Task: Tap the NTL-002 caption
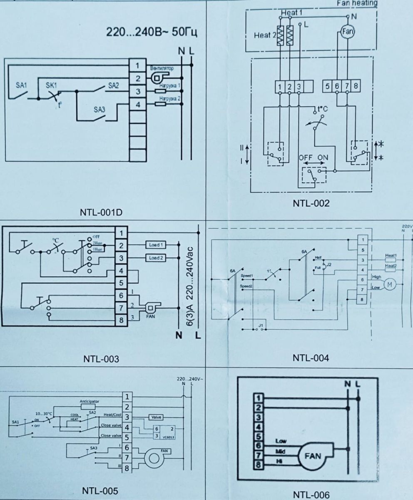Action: tap(311, 203)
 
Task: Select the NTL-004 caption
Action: tap(311, 358)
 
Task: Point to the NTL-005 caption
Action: tap(100, 491)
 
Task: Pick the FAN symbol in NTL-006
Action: tap(313, 456)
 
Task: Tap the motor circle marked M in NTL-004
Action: tap(390, 284)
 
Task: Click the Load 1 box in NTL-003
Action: tap(156, 245)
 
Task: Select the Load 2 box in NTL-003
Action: tap(156, 258)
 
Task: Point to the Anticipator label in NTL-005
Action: tap(90, 402)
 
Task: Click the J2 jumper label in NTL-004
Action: tap(328, 264)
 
